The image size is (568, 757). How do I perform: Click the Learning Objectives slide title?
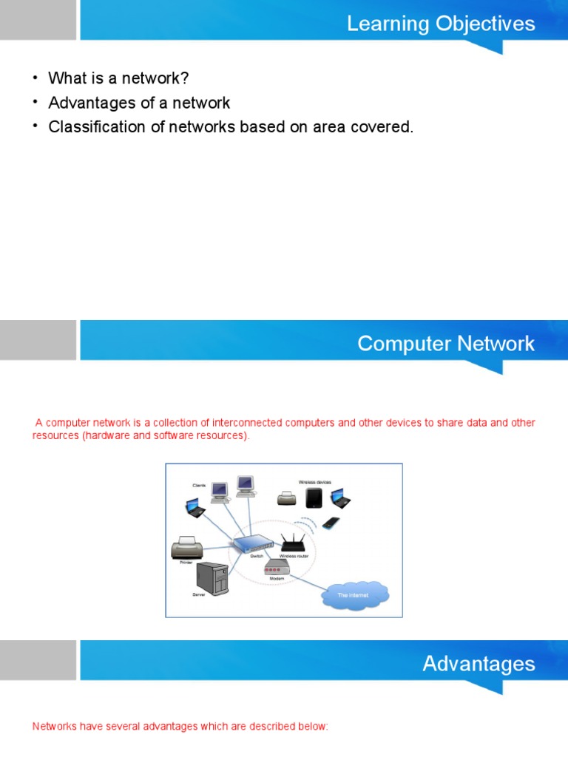(441, 24)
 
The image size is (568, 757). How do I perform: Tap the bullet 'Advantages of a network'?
(139, 103)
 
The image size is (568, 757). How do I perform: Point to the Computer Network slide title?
(445, 344)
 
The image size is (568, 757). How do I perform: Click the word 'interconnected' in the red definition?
(246, 423)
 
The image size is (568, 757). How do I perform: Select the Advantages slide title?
(479, 663)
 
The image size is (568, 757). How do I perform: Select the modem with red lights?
(276, 567)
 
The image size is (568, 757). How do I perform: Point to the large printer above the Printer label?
(186, 548)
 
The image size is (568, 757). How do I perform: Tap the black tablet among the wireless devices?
(314, 498)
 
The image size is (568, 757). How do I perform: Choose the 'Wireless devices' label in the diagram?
(315, 482)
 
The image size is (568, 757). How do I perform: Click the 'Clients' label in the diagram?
(200, 486)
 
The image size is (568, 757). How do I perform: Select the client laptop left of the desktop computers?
(195, 507)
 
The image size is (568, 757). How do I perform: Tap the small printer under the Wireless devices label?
(286, 499)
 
